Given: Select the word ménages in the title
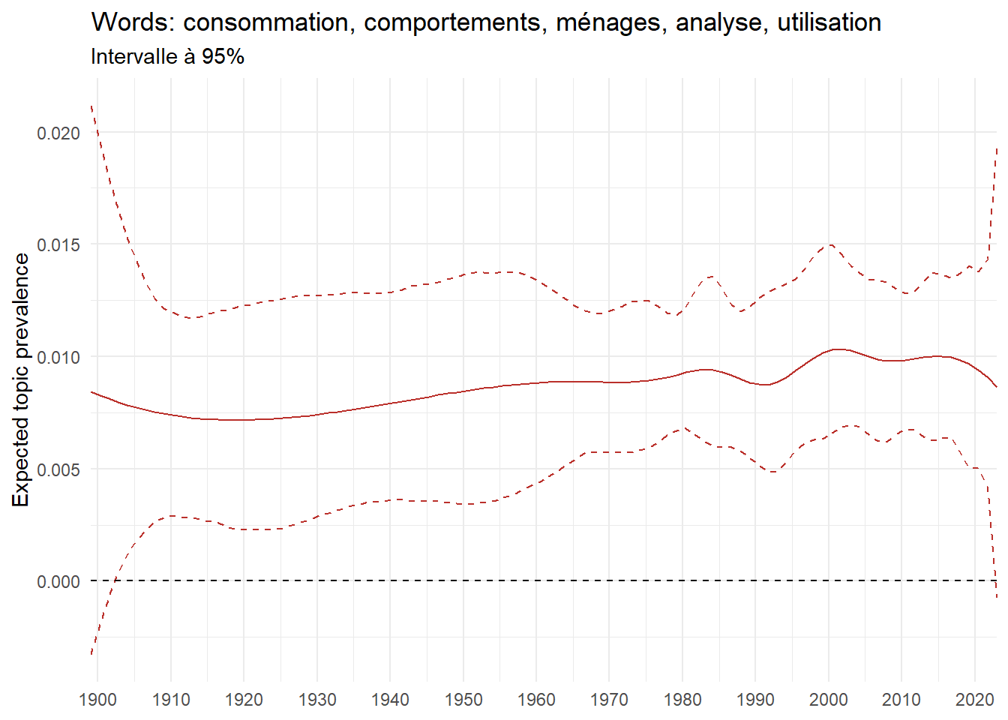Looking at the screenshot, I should click(609, 22).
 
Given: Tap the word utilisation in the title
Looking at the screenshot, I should click(829, 22).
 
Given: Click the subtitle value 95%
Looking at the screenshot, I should click(223, 57).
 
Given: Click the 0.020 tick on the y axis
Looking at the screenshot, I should click(58, 133).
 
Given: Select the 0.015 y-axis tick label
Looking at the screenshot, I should click(58, 245).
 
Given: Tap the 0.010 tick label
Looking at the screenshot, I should click(58, 357).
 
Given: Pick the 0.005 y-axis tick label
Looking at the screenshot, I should click(58, 469).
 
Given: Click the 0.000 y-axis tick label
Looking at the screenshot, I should click(58, 582).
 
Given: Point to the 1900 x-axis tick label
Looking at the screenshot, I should click(97, 700).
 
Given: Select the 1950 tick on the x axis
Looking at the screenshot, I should click(463, 700).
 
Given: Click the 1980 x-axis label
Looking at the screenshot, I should click(682, 700).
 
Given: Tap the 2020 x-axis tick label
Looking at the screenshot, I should click(974, 700).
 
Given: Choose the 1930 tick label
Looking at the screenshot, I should click(317, 700).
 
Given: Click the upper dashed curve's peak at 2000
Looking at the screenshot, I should click(829, 244).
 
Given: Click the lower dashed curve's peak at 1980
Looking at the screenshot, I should click(681, 428).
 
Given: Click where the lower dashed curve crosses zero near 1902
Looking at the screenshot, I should click(115, 580).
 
